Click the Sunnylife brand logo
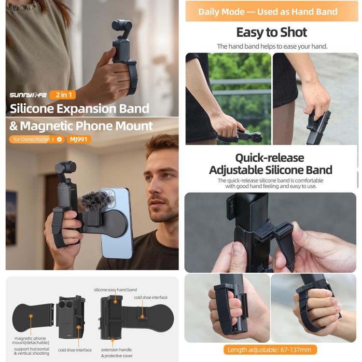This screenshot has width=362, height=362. point(28,95)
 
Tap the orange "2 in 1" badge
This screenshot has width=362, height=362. point(63,95)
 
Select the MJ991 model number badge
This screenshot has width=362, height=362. point(78,139)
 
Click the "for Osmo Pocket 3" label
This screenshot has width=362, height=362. point(34,139)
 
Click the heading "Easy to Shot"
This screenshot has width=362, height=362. point(271,32)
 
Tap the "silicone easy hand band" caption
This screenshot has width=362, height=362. point(115,290)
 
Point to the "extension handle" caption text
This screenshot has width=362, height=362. point(116,349)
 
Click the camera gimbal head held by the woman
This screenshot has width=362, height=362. point(122,28)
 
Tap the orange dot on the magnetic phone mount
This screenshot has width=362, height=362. point(31,316)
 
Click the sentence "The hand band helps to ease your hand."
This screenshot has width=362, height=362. point(272,46)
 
